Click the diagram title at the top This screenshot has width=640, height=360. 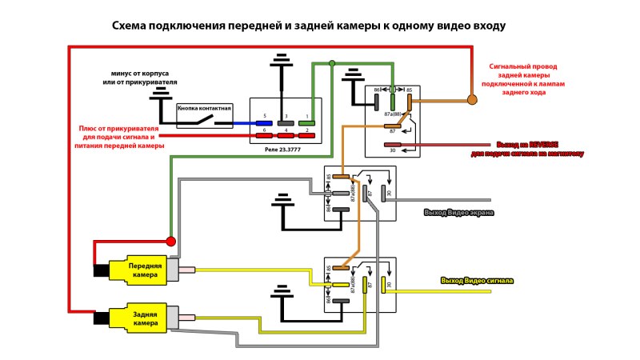click(x=309, y=26)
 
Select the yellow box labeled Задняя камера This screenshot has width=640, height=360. click(x=145, y=318)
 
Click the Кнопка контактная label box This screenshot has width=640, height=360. click(x=204, y=108)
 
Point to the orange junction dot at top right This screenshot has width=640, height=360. click(x=472, y=99)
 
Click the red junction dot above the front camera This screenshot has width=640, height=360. click(x=170, y=241)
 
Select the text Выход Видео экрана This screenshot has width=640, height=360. click(x=458, y=213)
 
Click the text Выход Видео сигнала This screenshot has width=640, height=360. click(x=477, y=281)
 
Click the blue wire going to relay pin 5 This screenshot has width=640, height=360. click(x=240, y=124)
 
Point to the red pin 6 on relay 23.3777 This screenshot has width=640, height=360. click(x=264, y=136)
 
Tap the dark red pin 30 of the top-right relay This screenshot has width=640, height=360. click(x=393, y=146)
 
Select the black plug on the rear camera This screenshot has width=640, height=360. click(x=102, y=318)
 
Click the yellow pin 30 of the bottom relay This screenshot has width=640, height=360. click(x=383, y=284)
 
